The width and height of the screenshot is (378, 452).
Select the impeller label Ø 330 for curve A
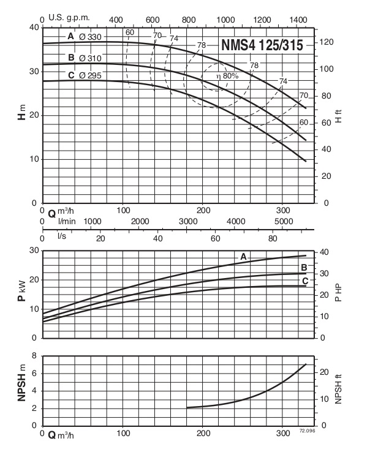pyautogui.click(x=90, y=37)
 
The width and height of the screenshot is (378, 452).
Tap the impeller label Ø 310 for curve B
pyautogui.click(x=90, y=58)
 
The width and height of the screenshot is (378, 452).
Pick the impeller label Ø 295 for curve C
pyautogui.click(x=90, y=76)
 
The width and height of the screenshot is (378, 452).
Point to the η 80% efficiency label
pyautogui.click(x=226, y=76)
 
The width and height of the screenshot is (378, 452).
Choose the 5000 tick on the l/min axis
pyautogui.click(x=283, y=221)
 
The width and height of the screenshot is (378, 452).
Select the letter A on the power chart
pyautogui.click(x=243, y=257)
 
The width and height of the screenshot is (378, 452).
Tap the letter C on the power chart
pyautogui.click(x=304, y=281)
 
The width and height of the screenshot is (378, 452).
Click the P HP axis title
pyautogui.click(x=339, y=294)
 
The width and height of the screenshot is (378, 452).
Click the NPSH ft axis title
pyautogui.click(x=339, y=390)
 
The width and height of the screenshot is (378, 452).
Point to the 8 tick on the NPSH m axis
pyautogui.click(x=36, y=356)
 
